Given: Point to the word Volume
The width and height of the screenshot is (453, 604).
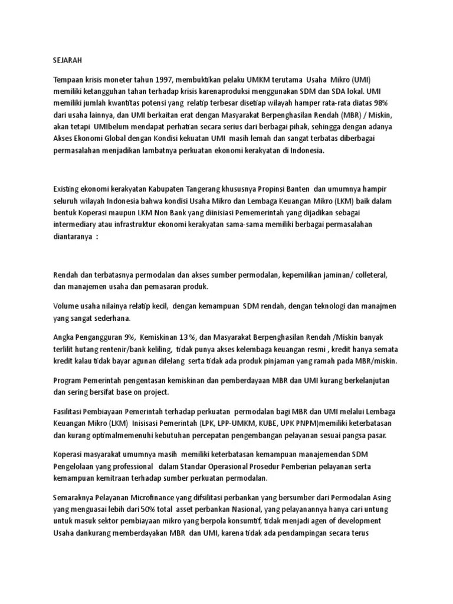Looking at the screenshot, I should click(67, 306).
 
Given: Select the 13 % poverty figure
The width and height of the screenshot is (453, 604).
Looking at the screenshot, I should click(183, 337).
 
